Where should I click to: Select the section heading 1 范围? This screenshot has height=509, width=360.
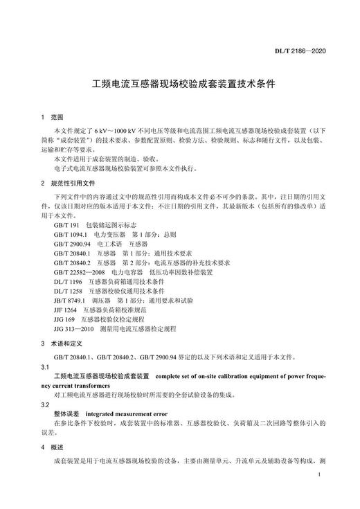pyautogui.click(x=52, y=118)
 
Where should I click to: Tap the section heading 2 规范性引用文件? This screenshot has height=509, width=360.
pyautogui.click(x=67, y=183)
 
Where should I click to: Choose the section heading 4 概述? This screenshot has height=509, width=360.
pyautogui.click(x=52, y=447)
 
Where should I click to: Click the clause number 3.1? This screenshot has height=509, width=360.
pyautogui.click(x=46, y=366)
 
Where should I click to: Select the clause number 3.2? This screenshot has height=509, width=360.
pyautogui.click(x=46, y=403)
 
